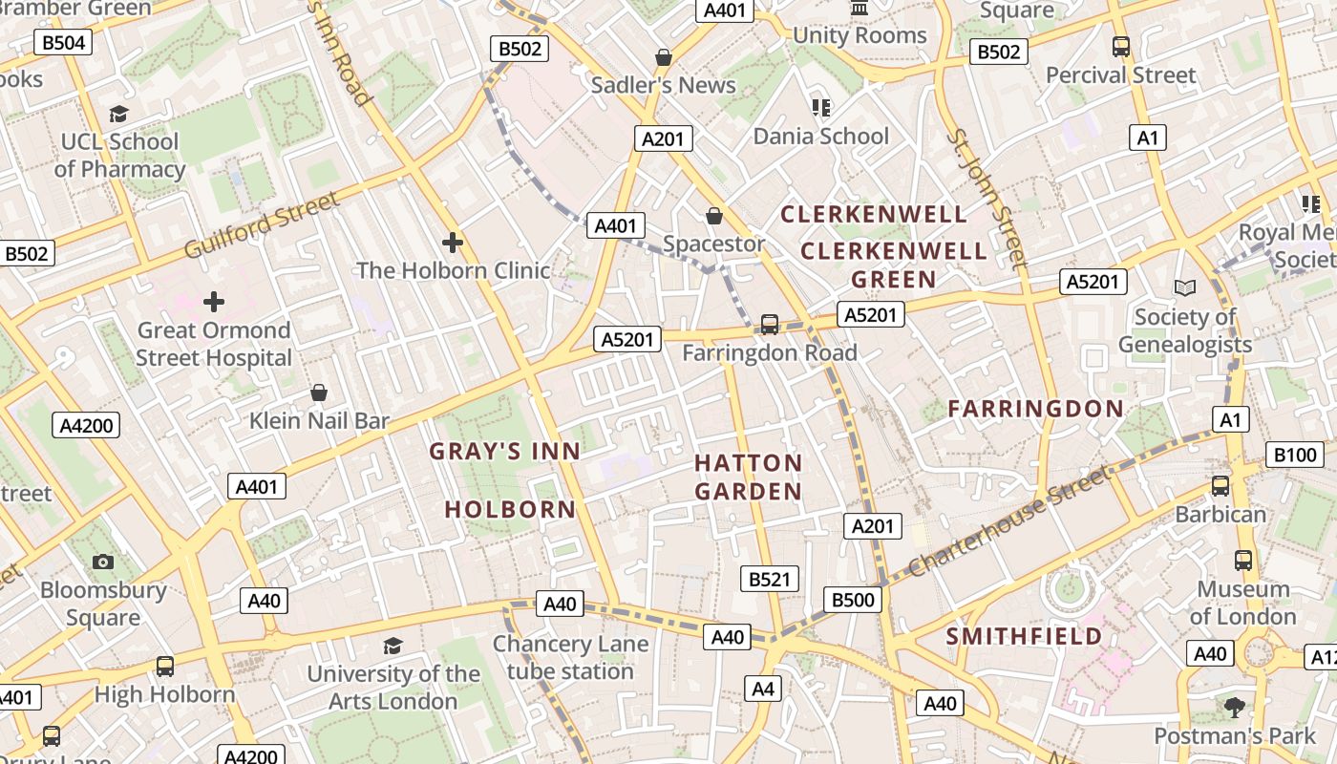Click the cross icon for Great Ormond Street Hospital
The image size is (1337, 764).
(214, 303)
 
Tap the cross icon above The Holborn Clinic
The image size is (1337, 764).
(453, 243)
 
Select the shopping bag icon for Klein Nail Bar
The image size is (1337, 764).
(319, 393)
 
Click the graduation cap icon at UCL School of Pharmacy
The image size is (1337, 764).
(118, 115)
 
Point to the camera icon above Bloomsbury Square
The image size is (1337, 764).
(103, 562)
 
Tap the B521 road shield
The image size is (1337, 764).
(770, 579)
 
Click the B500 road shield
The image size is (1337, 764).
(853, 600)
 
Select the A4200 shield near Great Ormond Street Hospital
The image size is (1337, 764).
(87, 425)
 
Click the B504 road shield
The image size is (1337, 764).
(63, 42)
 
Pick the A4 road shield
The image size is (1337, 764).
(763, 689)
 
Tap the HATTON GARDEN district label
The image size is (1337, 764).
(748, 477)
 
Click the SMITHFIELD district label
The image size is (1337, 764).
(1024, 636)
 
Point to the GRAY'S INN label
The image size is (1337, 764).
(504, 452)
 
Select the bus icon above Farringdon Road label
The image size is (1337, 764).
(769, 325)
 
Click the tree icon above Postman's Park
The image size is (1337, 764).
(1235, 708)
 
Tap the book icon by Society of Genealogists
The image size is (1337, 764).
(1185, 287)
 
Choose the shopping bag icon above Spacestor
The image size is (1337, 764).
(713, 216)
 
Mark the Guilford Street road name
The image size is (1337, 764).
(261, 224)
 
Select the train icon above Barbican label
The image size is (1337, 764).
(1220, 486)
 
